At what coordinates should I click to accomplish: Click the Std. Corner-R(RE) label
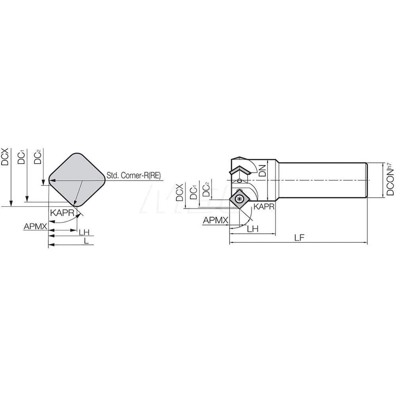pyautogui.click(x=134, y=175)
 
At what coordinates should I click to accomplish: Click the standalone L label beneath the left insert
pyautogui.click(x=86, y=241)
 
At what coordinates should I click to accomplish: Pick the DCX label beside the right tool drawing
pyautogui.click(x=180, y=192)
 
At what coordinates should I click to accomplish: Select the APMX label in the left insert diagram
pyautogui.click(x=35, y=227)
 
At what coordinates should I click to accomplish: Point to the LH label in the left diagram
pyautogui.click(x=83, y=232)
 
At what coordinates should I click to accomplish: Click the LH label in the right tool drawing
pyautogui.click(x=253, y=229)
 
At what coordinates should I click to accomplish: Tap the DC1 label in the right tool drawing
pyautogui.click(x=194, y=191)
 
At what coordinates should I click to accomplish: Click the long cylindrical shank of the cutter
pyautogui.click(x=323, y=180)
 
